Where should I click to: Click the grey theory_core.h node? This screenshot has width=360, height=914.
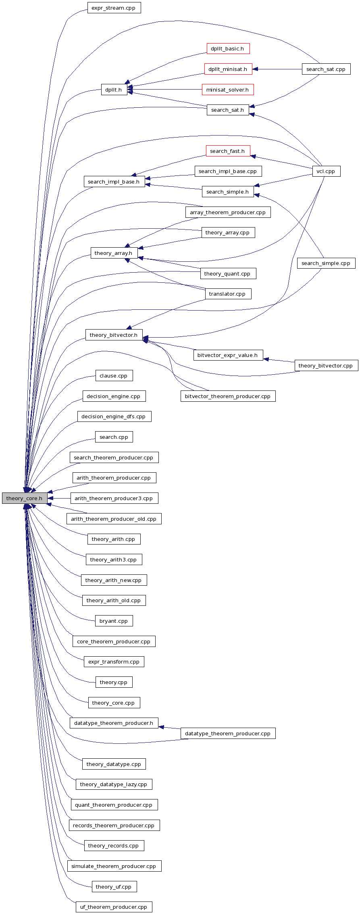click(x=25, y=498)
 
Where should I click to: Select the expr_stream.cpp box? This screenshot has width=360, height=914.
click(x=114, y=8)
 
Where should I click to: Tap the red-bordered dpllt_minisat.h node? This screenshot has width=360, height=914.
click(x=228, y=69)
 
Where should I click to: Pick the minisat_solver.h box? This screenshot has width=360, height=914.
click(x=228, y=90)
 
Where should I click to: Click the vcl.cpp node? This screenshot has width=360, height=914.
click(x=326, y=171)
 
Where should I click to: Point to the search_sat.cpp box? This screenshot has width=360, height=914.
click(x=326, y=69)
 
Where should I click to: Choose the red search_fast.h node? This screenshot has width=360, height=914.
click(x=228, y=151)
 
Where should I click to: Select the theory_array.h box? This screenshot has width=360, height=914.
click(x=114, y=253)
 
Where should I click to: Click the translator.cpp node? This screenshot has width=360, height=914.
click(x=228, y=294)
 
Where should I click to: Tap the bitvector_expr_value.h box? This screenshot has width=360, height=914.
click(x=228, y=355)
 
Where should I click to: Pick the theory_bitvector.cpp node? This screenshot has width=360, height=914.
click(x=326, y=365)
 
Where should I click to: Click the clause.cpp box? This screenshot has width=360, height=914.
click(x=114, y=376)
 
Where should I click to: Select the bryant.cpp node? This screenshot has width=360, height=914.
click(x=114, y=621)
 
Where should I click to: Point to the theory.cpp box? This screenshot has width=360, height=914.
click(x=114, y=682)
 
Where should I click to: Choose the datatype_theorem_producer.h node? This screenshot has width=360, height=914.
click(x=114, y=723)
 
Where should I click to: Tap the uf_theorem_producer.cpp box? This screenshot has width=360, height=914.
click(x=114, y=907)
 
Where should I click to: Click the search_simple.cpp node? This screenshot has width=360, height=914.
click(x=326, y=263)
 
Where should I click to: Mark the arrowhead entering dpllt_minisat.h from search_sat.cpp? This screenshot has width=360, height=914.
click(x=255, y=69)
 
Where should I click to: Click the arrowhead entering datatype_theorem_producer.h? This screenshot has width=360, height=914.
click(x=161, y=727)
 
